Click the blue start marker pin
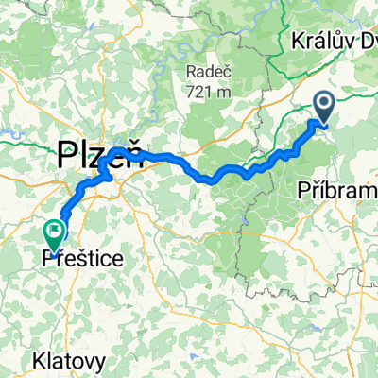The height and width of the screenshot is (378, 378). click(322, 107)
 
